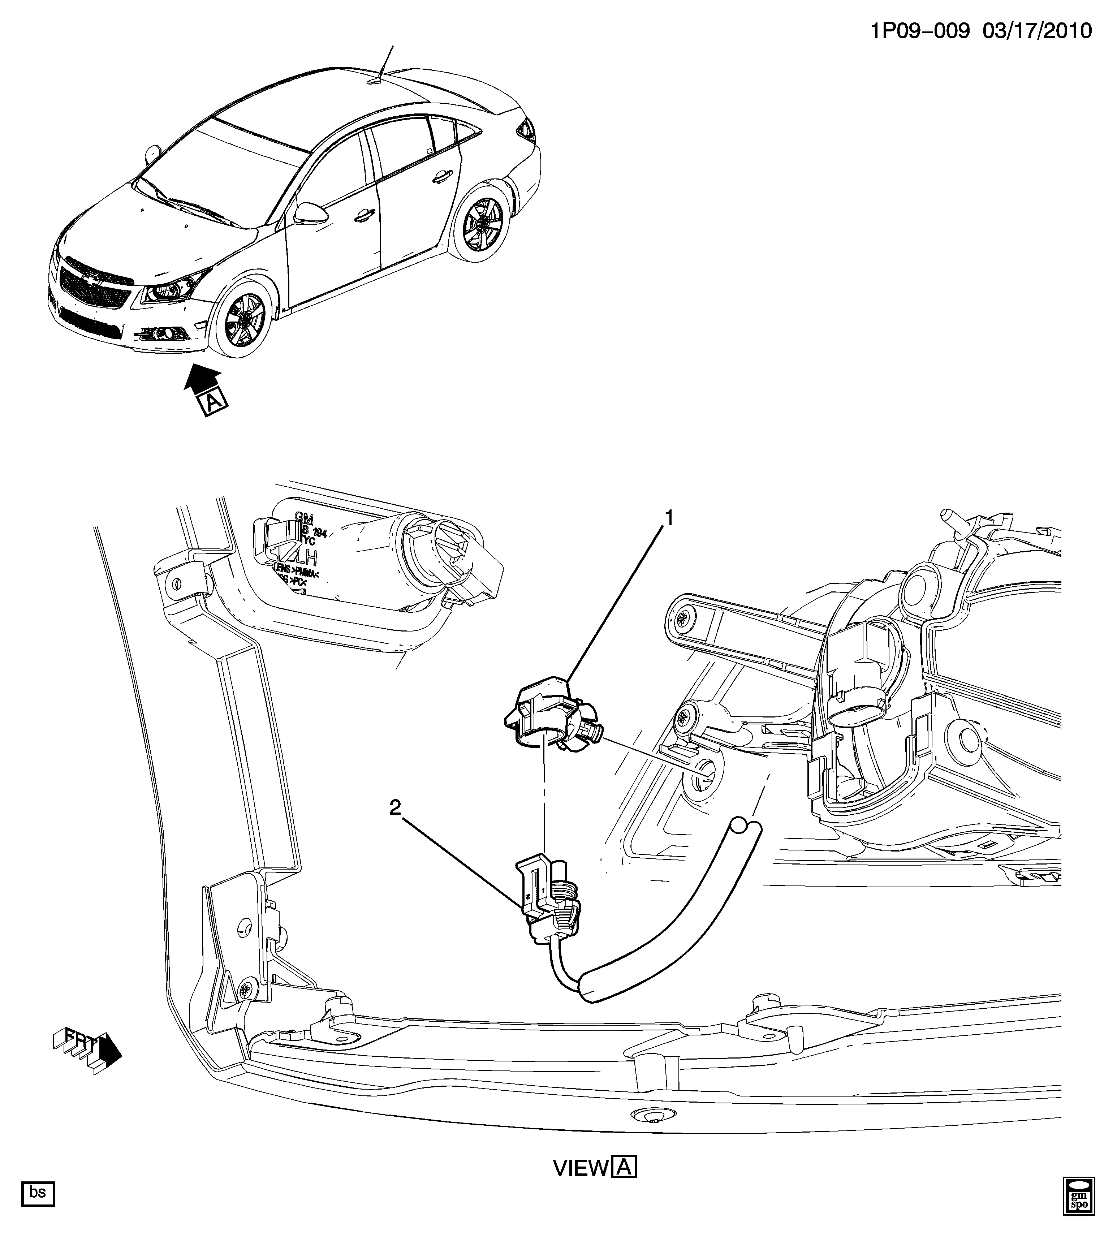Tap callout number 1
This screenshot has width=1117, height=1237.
(x=669, y=518)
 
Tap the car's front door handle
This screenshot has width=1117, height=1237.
(x=365, y=215)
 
